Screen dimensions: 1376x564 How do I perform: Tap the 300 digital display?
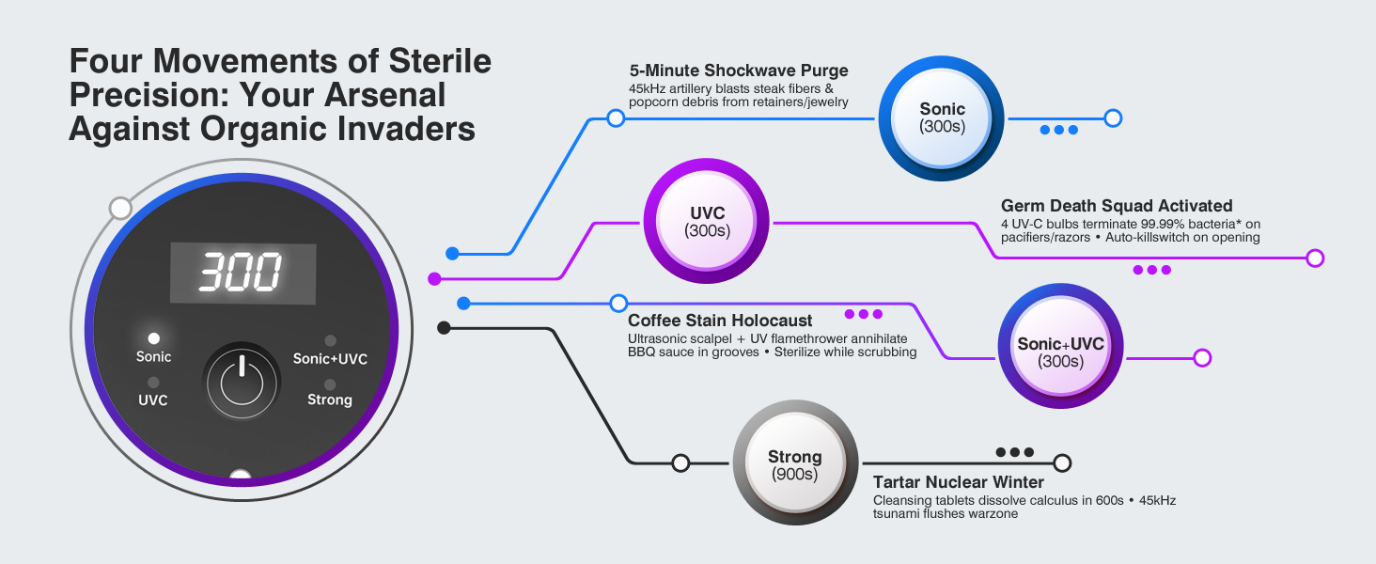tap(242, 274)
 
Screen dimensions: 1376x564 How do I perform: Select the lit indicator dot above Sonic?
tap(153, 337)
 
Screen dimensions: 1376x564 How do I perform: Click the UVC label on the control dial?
tap(153, 399)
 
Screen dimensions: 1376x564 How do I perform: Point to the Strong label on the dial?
tap(330, 399)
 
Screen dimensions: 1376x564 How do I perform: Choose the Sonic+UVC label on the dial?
tap(330, 359)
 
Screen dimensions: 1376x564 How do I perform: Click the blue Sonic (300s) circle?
tap(941, 117)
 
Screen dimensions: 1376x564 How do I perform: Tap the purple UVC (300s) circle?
tap(707, 221)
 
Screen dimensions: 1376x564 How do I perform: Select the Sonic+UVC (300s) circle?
tap(1060, 346)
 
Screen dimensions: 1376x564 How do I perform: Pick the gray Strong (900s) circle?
tap(795, 462)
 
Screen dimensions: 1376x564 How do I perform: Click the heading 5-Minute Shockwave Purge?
tap(739, 70)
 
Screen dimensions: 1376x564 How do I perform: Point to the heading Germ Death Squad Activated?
tap(1117, 206)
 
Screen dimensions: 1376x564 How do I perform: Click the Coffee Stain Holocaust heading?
tap(719, 321)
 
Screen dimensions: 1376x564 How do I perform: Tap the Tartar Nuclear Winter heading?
tap(959, 482)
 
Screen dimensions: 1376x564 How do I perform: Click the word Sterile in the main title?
tap(440, 61)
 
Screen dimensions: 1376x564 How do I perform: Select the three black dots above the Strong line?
tap(1015, 452)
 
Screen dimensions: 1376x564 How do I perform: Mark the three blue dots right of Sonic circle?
tap(1059, 130)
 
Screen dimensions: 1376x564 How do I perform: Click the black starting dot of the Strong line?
tap(444, 328)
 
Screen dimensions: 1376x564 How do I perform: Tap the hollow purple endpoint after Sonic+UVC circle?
tap(1202, 357)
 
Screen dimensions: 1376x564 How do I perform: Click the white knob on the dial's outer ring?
tap(120, 209)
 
